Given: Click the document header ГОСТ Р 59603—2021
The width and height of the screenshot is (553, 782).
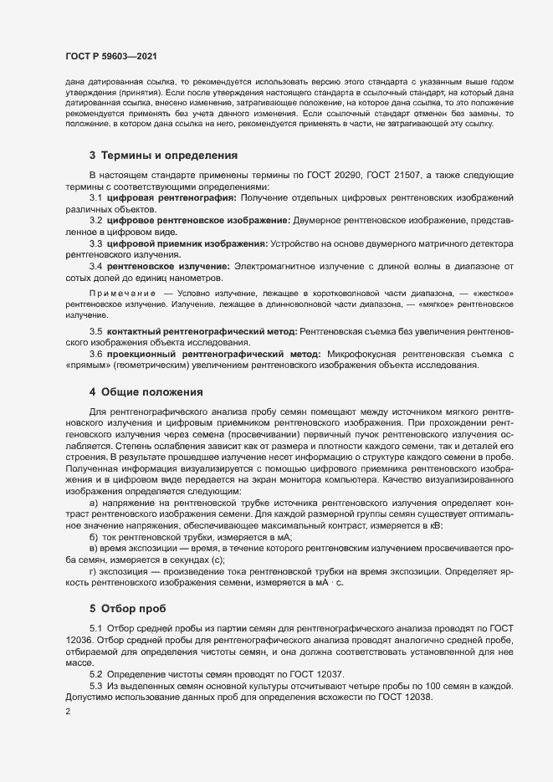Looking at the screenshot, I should (x=110, y=56).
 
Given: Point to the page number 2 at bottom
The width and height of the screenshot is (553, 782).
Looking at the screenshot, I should (x=67, y=712).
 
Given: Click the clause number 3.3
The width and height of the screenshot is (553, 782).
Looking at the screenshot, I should (x=95, y=243).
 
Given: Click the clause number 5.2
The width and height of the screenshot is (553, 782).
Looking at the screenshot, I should (x=95, y=674).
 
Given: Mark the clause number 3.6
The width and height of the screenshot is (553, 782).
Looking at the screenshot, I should (x=95, y=355).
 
